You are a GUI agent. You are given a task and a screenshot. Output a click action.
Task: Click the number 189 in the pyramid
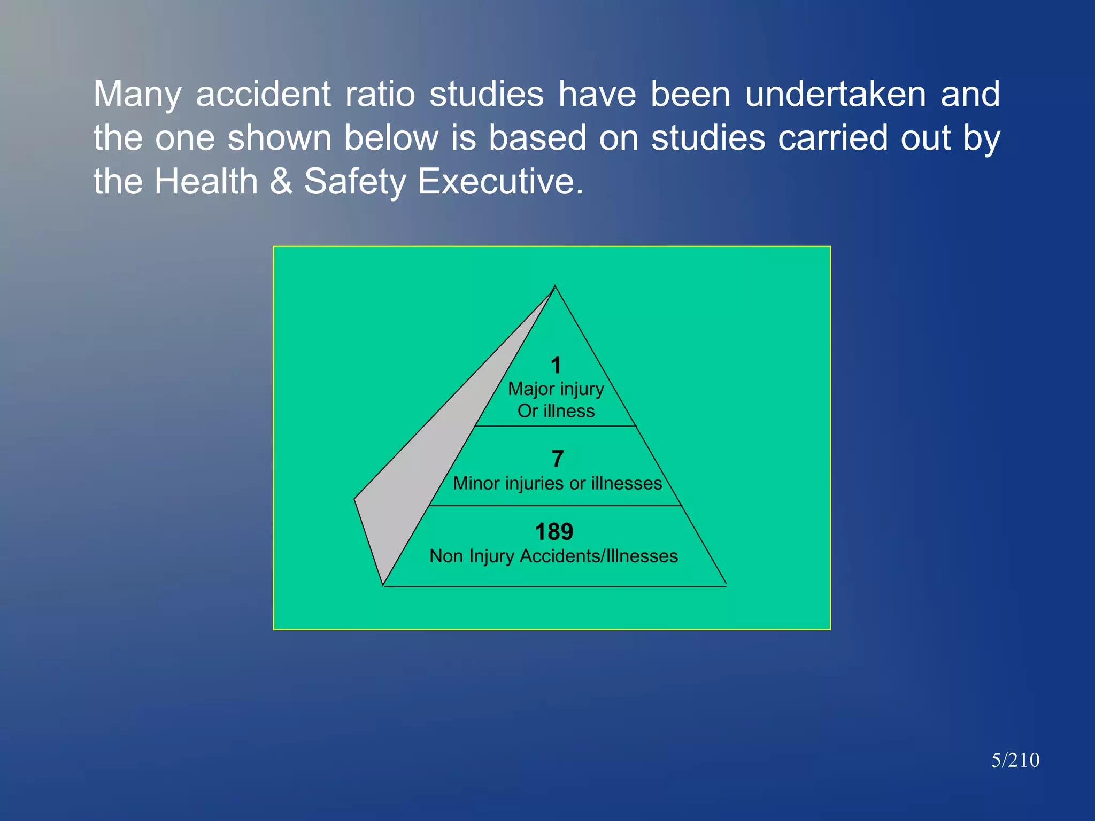554,532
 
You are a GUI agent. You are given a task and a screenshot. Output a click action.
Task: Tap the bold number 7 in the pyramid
557,459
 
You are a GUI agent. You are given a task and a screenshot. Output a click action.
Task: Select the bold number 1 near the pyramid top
556,366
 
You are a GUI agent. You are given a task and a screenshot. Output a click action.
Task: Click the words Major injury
556,389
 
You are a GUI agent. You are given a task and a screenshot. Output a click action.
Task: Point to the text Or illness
556,411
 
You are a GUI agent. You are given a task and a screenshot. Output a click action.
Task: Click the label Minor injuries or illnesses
557,483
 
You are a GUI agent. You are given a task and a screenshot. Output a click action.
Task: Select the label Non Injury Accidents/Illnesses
553,556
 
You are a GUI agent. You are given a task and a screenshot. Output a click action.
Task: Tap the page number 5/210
1015,760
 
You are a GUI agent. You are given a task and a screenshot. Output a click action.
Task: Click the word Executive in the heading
500,182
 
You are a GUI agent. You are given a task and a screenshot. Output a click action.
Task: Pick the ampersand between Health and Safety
281,182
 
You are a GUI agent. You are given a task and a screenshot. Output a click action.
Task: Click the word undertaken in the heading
835,94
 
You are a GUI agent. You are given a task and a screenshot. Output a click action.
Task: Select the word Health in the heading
206,182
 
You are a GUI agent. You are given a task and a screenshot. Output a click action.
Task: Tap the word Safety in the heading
355,182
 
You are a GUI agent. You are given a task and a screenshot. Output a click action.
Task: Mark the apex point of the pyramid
555,286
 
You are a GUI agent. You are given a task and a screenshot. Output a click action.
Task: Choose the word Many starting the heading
137,94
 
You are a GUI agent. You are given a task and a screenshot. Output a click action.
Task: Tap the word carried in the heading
832,138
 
